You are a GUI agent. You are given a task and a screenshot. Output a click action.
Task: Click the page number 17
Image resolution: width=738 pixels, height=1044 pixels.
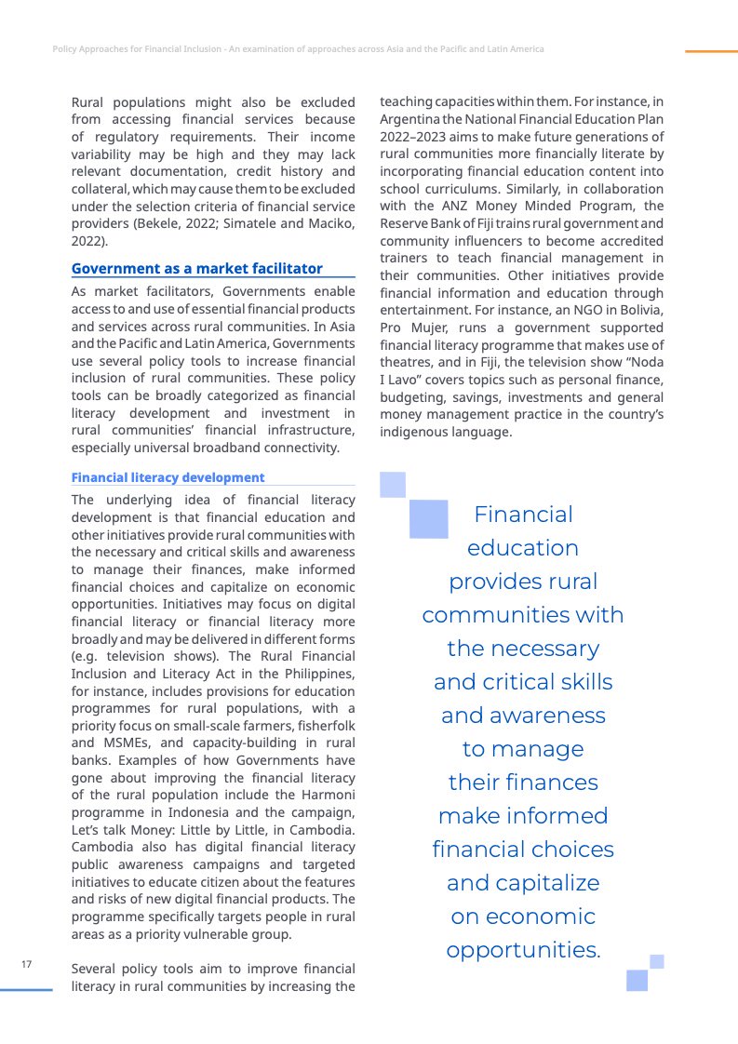(26, 964)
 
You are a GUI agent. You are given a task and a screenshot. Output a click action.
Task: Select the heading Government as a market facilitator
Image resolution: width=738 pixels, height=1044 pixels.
(197, 268)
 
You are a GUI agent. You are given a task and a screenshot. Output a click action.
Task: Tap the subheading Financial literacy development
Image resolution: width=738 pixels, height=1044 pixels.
(168, 477)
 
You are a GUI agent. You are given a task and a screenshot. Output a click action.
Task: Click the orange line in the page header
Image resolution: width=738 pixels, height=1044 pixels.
(711, 51)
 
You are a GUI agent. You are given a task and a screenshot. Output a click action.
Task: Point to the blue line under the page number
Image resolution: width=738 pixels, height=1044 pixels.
(26, 990)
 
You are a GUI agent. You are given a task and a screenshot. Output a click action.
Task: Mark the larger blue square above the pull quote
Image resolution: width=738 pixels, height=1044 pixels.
(429, 519)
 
